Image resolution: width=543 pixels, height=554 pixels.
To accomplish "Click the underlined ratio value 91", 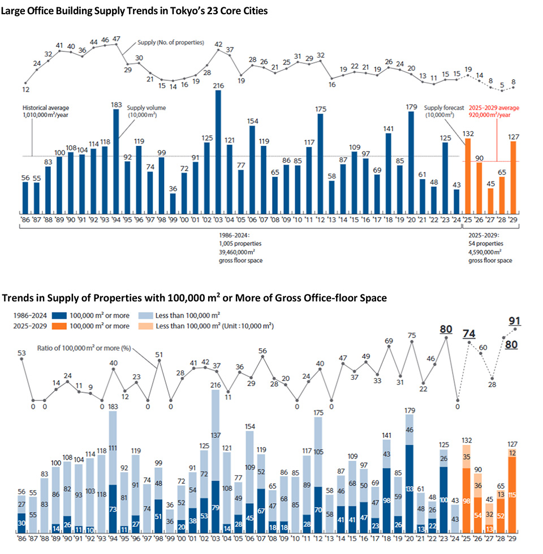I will tap(515, 321).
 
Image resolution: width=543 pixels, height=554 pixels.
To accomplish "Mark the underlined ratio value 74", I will tap(469, 334).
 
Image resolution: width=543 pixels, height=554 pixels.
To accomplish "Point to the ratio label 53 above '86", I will tap(22, 353).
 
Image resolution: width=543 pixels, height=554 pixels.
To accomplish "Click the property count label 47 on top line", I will tap(117, 39).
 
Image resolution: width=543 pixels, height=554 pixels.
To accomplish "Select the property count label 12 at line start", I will tap(26, 89).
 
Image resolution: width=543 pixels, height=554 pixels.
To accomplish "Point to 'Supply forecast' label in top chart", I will tap(444, 107).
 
